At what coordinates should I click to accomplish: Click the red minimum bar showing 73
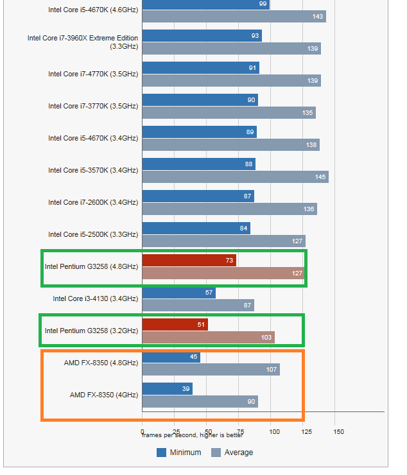(189, 260)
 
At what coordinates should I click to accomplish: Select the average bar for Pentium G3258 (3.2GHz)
(208, 337)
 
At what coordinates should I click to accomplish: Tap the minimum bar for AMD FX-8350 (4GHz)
(167, 388)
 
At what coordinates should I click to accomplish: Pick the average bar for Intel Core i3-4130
(198, 305)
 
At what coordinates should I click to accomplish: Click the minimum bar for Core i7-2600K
(198, 196)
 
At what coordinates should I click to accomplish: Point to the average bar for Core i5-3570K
(235, 177)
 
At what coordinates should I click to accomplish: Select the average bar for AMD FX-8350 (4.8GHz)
(211, 369)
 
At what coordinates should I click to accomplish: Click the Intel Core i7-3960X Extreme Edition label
(83, 42)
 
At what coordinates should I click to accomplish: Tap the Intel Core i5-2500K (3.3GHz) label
(93, 234)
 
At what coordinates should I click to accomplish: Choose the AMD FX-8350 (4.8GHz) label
(101, 363)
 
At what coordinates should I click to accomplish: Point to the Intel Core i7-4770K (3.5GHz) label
(93, 74)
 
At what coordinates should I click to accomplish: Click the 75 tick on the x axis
(240, 431)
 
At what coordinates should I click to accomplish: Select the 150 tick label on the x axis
(339, 431)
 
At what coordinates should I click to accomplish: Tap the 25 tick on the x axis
(175, 431)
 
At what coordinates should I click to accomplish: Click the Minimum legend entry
(179, 453)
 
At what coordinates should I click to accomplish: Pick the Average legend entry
(232, 453)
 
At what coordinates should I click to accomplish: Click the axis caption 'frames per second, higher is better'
(193, 435)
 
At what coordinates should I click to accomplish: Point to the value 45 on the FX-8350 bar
(193, 357)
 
